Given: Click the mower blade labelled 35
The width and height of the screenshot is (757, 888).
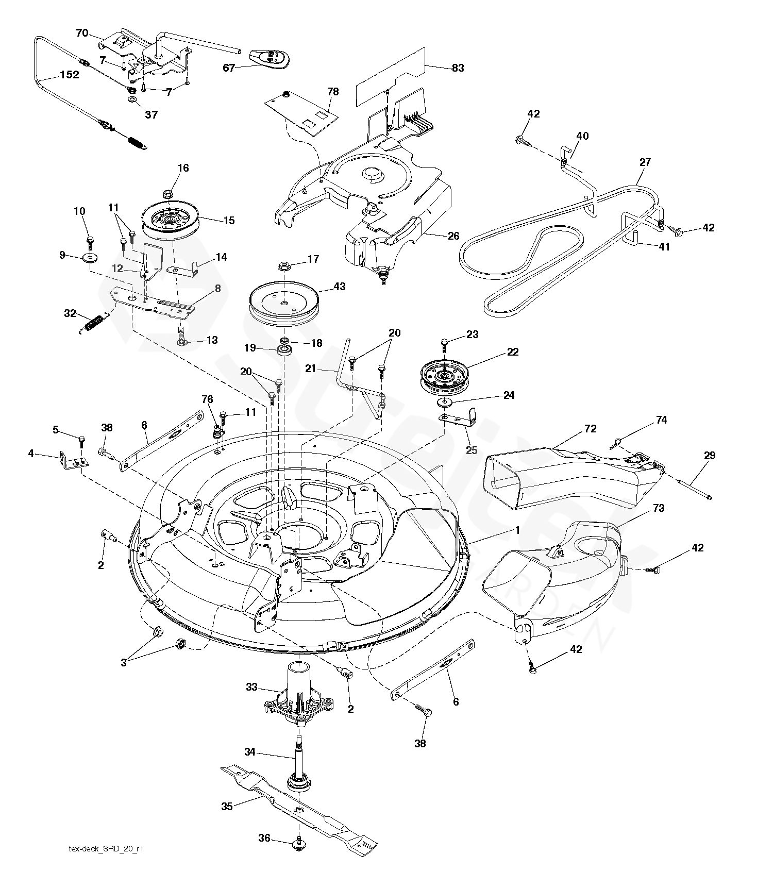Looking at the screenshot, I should coord(299,808).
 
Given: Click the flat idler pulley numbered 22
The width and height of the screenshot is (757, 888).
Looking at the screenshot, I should coord(442,375).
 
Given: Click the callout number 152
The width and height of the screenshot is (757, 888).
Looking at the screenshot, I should coord(70,75).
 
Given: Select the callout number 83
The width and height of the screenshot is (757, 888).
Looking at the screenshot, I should coord(458,68).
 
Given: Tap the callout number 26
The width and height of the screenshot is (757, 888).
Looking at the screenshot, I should coord(453,237).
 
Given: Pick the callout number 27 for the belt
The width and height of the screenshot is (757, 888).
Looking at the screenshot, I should coord(645,162).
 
